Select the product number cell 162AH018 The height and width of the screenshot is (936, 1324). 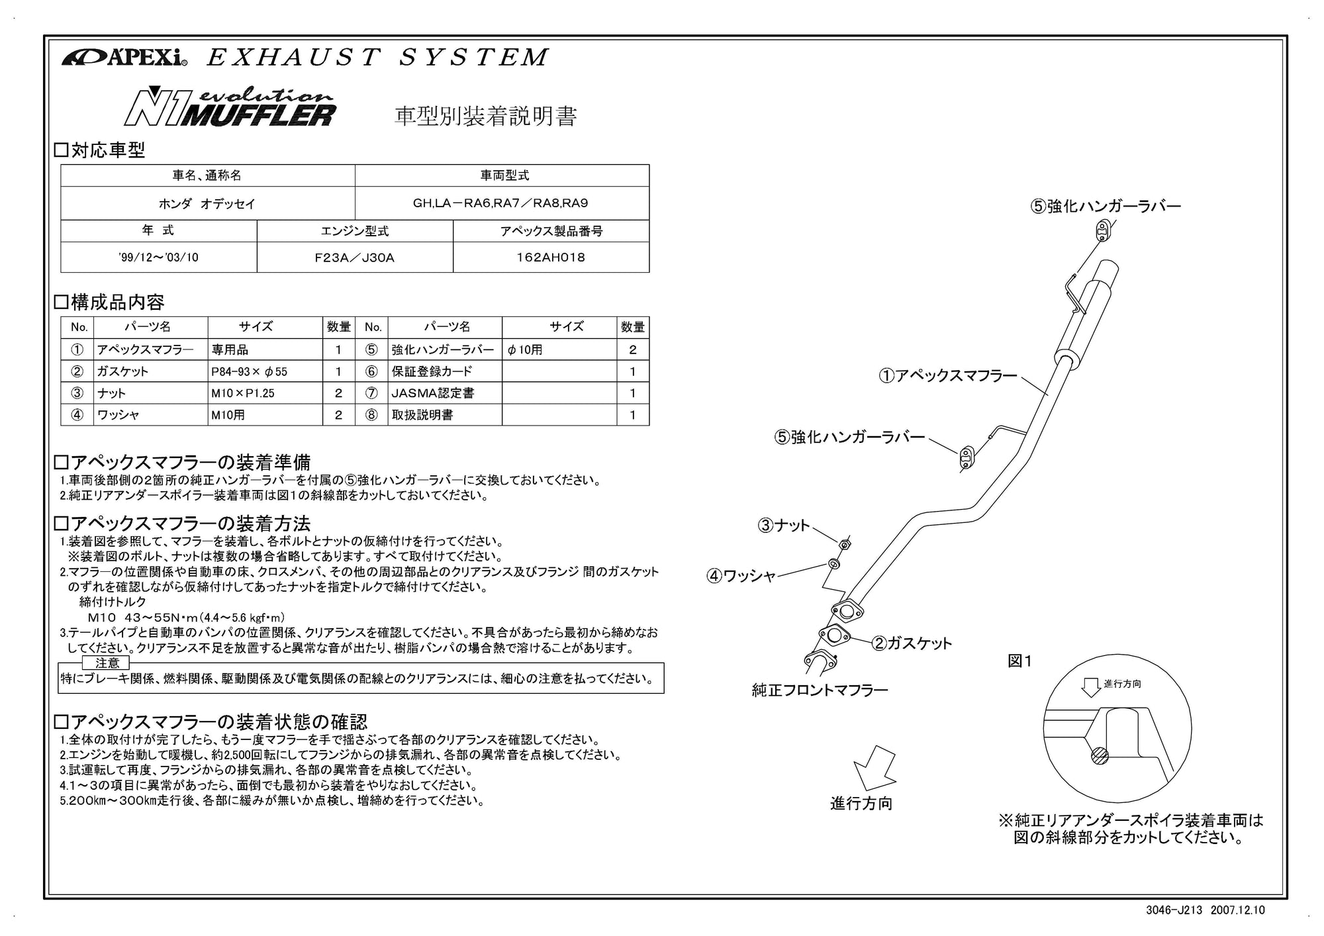[x=551, y=257]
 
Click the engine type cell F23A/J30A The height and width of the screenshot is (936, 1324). [x=354, y=257]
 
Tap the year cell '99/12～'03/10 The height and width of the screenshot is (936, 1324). [x=158, y=257]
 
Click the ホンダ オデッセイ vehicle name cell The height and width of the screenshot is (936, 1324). [x=207, y=204]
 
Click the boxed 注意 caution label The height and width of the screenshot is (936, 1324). [x=107, y=663]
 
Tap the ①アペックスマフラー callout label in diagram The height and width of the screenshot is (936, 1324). [x=947, y=376]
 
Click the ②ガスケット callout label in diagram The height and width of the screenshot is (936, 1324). [x=912, y=643]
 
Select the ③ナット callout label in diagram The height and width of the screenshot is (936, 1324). [x=784, y=526]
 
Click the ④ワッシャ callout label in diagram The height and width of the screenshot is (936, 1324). [x=741, y=576]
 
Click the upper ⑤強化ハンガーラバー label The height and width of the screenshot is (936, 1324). [x=1105, y=206]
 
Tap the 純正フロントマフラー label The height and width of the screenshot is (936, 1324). [x=820, y=690]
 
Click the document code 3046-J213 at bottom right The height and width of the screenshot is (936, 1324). [x=1173, y=910]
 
